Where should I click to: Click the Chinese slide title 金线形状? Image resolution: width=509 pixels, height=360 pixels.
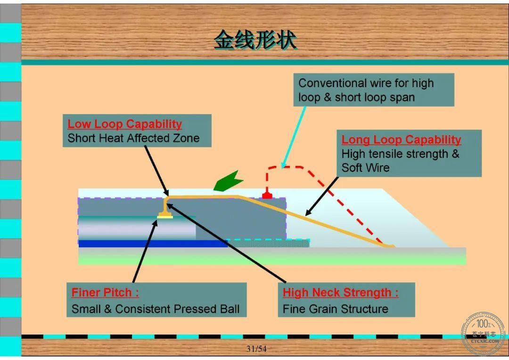[x=255, y=40]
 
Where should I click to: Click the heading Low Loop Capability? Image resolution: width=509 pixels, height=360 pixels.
[x=124, y=124]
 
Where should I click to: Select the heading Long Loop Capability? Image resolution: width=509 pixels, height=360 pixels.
[x=401, y=139]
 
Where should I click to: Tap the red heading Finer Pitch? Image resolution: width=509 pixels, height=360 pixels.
[x=105, y=293]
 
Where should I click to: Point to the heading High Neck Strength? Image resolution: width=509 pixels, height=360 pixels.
[x=340, y=293]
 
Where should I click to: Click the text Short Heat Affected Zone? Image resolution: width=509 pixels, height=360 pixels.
[x=133, y=138]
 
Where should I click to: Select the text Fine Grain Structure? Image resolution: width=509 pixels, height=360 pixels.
[x=336, y=309]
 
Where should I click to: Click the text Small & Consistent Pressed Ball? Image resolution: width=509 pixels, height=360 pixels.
[x=156, y=309]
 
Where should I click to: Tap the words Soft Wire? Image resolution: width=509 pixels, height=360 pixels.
[x=366, y=168]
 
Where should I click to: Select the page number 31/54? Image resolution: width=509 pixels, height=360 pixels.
[x=256, y=349]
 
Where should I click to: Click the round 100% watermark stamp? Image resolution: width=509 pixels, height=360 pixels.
[x=484, y=333]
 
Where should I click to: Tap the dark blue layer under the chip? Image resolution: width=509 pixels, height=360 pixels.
[x=153, y=244]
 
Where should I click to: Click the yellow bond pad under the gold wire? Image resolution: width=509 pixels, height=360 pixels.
[x=165, y=217]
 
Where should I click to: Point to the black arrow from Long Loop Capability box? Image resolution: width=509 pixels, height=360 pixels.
[x=322, y=196]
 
